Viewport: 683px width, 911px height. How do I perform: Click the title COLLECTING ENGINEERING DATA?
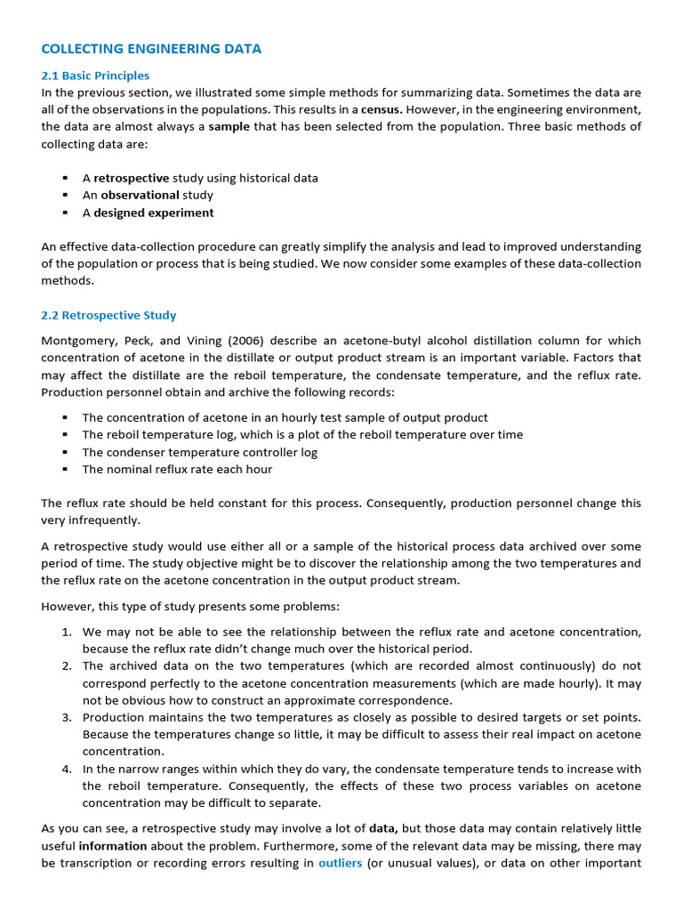[x=151, y=49]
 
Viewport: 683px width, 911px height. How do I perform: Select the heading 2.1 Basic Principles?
[x=95, y=76]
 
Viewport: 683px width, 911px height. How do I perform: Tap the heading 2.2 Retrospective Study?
[x=108, y=315]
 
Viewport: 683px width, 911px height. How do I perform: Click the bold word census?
[x=381, y=109]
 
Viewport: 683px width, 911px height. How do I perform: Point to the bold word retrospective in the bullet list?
[x=131, y=178]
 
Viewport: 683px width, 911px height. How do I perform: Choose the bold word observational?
[x=140, y=195]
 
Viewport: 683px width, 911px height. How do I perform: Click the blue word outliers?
[x=340, y=863]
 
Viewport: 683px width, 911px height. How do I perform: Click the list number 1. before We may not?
[x=67, y=632]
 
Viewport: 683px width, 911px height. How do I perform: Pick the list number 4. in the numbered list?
[x=67, y=769]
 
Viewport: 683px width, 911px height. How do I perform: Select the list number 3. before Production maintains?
[x=67, y=717]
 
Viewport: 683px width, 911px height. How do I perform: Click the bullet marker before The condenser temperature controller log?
[x=65, y=452]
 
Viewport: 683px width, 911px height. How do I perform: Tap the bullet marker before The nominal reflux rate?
[x=65, y=469]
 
